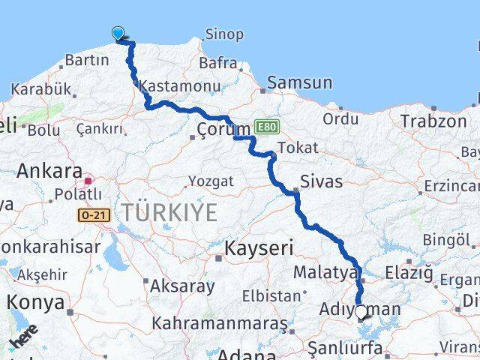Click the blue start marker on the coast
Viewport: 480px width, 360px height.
(118, 33)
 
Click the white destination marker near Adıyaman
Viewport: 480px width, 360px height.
(361, 311)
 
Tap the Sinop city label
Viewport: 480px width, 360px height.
(223, 34)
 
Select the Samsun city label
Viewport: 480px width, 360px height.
(299, 82)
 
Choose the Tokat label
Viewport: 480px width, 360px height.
(297, 148)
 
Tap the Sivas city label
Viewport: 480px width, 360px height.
(321, 181)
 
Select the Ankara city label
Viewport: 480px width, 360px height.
(49, 170)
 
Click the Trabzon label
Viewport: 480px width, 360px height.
(433, 121)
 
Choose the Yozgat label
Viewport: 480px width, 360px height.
(211, 181)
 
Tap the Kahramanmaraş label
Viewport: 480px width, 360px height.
(220, 323)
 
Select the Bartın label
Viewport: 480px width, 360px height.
(88, 61)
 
